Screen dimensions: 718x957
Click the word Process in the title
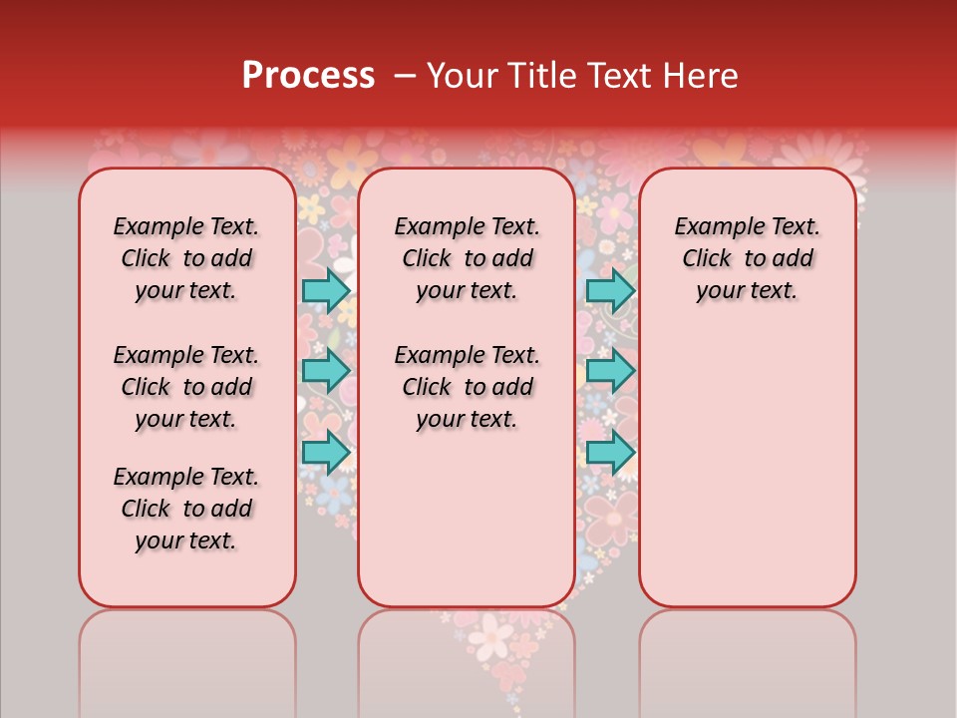(x=308, y=76)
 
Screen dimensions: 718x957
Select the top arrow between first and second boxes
(x=326, y=290)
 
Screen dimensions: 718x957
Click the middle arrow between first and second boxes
(x=326, y=371)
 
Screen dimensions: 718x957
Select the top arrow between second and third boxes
(x=610, y=290)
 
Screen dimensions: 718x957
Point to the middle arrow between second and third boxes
(x=610, y=371)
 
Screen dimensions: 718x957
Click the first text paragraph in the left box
(x=186, y=258)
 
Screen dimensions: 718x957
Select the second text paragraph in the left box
(x=186, y=387)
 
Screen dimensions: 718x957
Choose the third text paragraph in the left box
(x=186, y=509)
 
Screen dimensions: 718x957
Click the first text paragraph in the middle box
(x=467, y=258)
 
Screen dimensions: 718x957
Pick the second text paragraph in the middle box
(x=467, y=387)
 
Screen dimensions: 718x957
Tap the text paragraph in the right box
(x=747, y=258)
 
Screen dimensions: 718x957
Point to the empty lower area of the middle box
(x=467, y=519)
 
